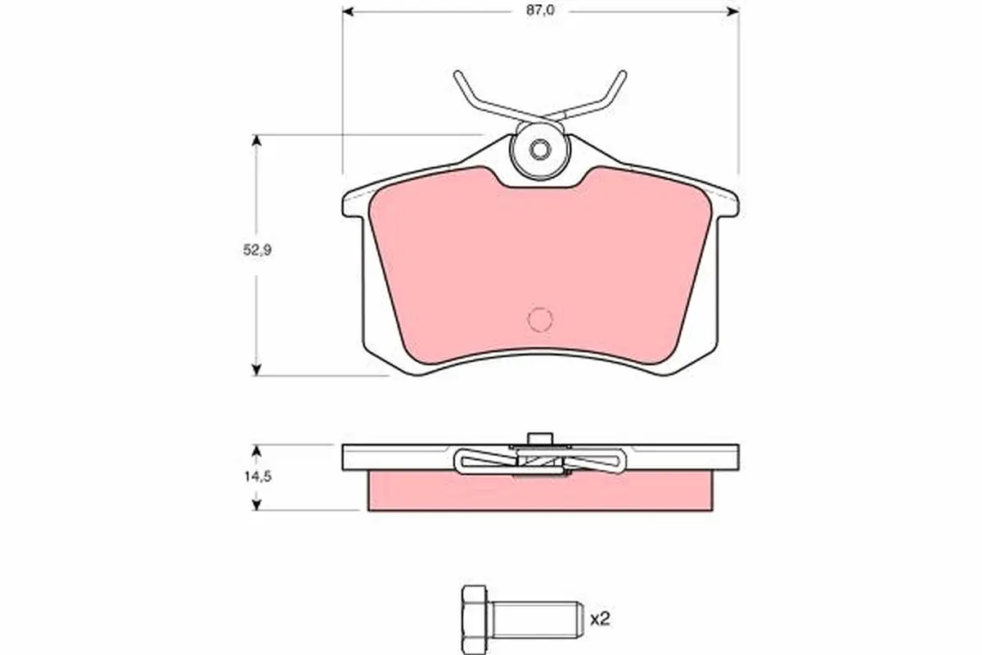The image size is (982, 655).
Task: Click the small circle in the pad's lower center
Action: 540,319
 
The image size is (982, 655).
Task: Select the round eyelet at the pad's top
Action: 538,151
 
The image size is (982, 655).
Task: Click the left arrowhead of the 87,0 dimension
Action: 348,11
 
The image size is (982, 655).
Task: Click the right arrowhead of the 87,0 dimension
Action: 732,11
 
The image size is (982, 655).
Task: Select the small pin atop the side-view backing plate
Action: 538,438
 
